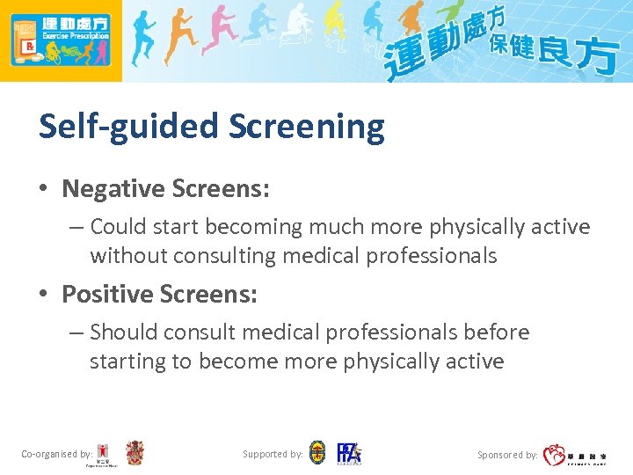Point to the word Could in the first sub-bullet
pyautogui.click(x=119, y=227)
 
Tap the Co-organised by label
pyautogui.click(x=56, y=455)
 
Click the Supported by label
pyautogui.click(x=273, y=455)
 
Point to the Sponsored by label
pyautogui.click(x=507, y=456)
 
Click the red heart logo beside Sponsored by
pyautogui.click(x=555, y=455)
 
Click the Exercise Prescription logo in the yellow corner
pyautogui.click(x=61, y=40)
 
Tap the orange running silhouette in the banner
pyautogui.click(x=180, y=40)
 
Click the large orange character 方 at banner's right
pyautogui.click(x=600, y=57)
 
